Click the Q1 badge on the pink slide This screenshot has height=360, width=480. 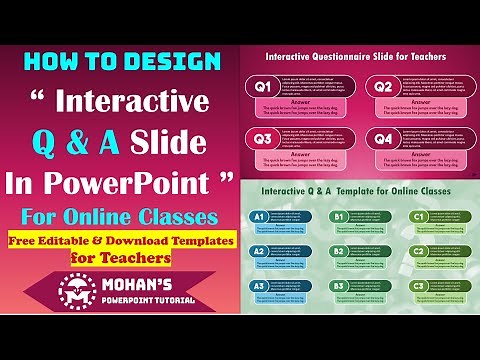click(x=264, y=87)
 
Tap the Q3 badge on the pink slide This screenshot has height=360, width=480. click(x=264, y=140)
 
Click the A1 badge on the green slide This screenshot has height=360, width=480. click(x=257, y=217)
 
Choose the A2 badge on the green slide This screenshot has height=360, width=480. click(x=257, y=251)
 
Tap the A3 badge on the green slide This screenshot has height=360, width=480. click(x=257, y=286)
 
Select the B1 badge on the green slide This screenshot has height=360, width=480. click(x=338, y=217)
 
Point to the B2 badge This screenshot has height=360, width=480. click(x=338, y=251)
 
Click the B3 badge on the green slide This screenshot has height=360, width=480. click(x=338, y=286)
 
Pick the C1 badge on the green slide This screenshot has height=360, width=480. click(x=419, y=217)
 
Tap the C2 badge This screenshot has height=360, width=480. click(x=419, y=251)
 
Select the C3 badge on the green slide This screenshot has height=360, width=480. click(x=419, y=286)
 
